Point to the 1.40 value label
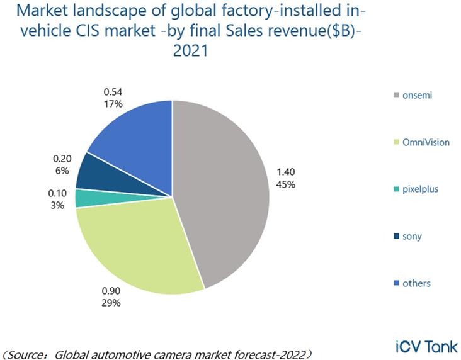point(285,172)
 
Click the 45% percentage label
point(285,184)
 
